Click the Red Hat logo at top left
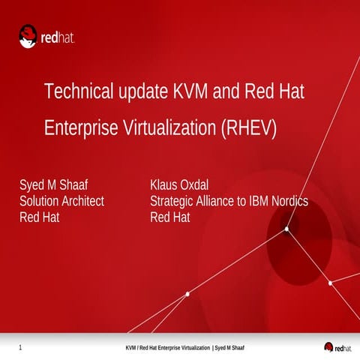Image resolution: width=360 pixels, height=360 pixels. pos(46,36)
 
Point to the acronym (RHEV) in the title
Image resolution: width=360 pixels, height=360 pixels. pos(250,128)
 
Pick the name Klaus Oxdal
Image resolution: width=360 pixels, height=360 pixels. pos(180,185)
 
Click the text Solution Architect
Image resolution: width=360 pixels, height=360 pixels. pos(61,201)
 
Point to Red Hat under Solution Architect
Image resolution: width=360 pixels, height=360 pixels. pos(39,217)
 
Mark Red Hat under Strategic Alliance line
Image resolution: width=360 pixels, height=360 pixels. pos(170,217)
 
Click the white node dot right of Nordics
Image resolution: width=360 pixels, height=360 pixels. pos(287,229)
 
